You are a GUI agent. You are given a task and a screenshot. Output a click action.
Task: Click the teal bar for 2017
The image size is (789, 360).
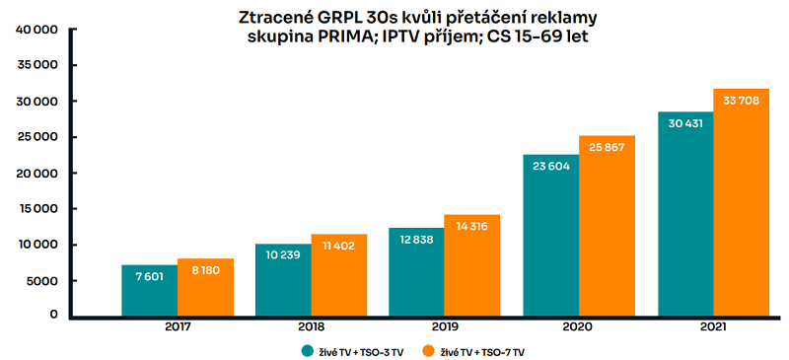point(150,290)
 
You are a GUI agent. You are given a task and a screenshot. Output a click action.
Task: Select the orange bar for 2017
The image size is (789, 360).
point(205,287)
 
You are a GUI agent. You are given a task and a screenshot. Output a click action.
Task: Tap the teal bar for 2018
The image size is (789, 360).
point(283,280)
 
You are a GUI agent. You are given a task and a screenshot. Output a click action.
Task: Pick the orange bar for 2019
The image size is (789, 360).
point(472,265)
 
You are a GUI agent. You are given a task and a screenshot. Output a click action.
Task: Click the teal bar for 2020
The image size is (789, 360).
point(550,236)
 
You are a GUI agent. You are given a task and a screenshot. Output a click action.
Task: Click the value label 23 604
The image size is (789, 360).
point(550,167)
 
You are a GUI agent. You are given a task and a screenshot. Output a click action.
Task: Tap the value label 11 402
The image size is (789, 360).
point(338,249)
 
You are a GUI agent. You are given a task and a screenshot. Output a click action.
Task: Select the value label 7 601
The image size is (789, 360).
point(150,276)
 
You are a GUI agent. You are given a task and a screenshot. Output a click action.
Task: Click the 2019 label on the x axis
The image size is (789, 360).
point(445,326)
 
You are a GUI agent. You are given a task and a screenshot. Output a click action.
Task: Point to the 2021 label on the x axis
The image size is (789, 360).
point(713,326)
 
